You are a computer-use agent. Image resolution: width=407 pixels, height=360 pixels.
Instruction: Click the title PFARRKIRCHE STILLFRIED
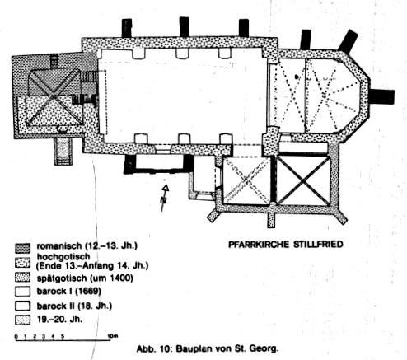(x=286, y=244)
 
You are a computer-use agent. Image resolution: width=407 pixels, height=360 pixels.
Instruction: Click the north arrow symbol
(x=164, y=198)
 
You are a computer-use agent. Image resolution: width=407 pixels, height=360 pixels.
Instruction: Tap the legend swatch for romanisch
(x=22, y=248)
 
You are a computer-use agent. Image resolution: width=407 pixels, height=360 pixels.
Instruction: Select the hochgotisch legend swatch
(x=22, y=263)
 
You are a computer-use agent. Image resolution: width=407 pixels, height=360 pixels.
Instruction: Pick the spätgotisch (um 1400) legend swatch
(x=22, y=278)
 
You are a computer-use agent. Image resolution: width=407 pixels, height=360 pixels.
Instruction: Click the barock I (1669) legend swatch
(x=22, y=292)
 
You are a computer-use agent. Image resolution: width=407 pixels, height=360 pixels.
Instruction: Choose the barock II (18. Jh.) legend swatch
(x=22, y=306)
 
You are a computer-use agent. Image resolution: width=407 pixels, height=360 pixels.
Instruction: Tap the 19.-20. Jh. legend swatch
(x=22, y=320)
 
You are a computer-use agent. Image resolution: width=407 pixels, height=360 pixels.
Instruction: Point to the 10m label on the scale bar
(x=112, y=336)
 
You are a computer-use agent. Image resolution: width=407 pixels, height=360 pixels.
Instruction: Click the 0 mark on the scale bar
(x=16, y=337)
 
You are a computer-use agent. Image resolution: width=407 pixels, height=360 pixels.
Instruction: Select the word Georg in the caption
(x=264, y=348)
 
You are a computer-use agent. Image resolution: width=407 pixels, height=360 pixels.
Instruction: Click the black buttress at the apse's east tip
(x=382, y=97)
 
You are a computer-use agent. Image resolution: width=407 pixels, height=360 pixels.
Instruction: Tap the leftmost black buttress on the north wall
(x=127, y=28)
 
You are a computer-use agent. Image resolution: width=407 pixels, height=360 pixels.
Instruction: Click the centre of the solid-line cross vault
(x=303, y=180)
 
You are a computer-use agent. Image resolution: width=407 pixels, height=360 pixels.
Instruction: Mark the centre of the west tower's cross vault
(x=54, y=96)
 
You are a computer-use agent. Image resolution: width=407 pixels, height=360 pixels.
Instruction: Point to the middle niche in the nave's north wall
(x=183, y=54)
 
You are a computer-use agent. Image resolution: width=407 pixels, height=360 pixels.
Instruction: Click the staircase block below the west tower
(x=63, y=152)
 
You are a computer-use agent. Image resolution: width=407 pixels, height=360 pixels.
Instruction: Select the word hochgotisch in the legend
(x=63, y=257)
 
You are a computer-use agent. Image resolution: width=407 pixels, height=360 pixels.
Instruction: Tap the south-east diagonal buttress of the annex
(x=339, y=216)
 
